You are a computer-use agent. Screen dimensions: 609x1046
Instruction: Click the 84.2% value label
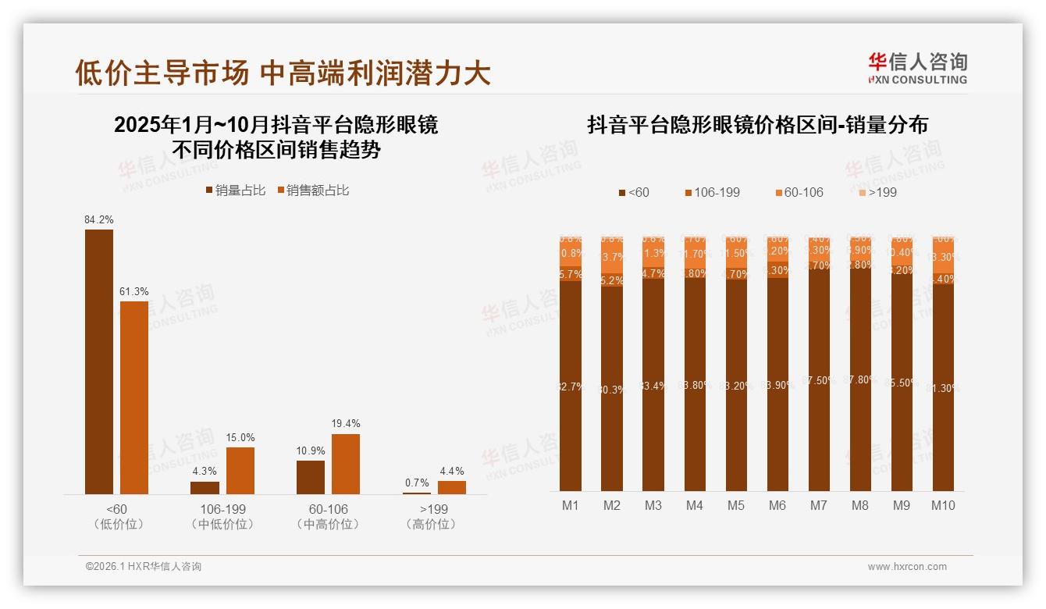point(99,220)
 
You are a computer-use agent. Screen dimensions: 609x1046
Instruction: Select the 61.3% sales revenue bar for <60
point(134,397)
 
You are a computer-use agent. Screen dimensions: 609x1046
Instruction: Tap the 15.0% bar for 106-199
point(240,470)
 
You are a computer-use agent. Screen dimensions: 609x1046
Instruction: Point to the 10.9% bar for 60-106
point(311,477)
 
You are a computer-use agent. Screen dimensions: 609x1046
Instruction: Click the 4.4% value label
point(451,471)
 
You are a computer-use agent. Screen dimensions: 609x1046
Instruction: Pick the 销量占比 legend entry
point(235,191)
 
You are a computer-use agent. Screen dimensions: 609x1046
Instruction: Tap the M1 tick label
point(571,505)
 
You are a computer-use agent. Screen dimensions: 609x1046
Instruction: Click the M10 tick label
point(943,505)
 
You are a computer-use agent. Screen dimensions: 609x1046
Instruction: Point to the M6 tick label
point(777,505)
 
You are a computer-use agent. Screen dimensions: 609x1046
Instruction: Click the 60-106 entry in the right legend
point(799,192)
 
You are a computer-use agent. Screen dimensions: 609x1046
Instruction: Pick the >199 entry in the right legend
point(877,192)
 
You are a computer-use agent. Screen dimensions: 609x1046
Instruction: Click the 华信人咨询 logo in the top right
point(918,68)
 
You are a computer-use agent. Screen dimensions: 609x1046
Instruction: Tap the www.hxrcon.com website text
point(907,567)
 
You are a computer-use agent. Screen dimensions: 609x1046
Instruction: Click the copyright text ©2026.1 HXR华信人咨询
point(144,567)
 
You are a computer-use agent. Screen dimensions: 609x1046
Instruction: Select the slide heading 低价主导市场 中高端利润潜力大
point(283,73)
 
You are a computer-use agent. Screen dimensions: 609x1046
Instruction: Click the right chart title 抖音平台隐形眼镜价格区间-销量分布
point(757,125)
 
